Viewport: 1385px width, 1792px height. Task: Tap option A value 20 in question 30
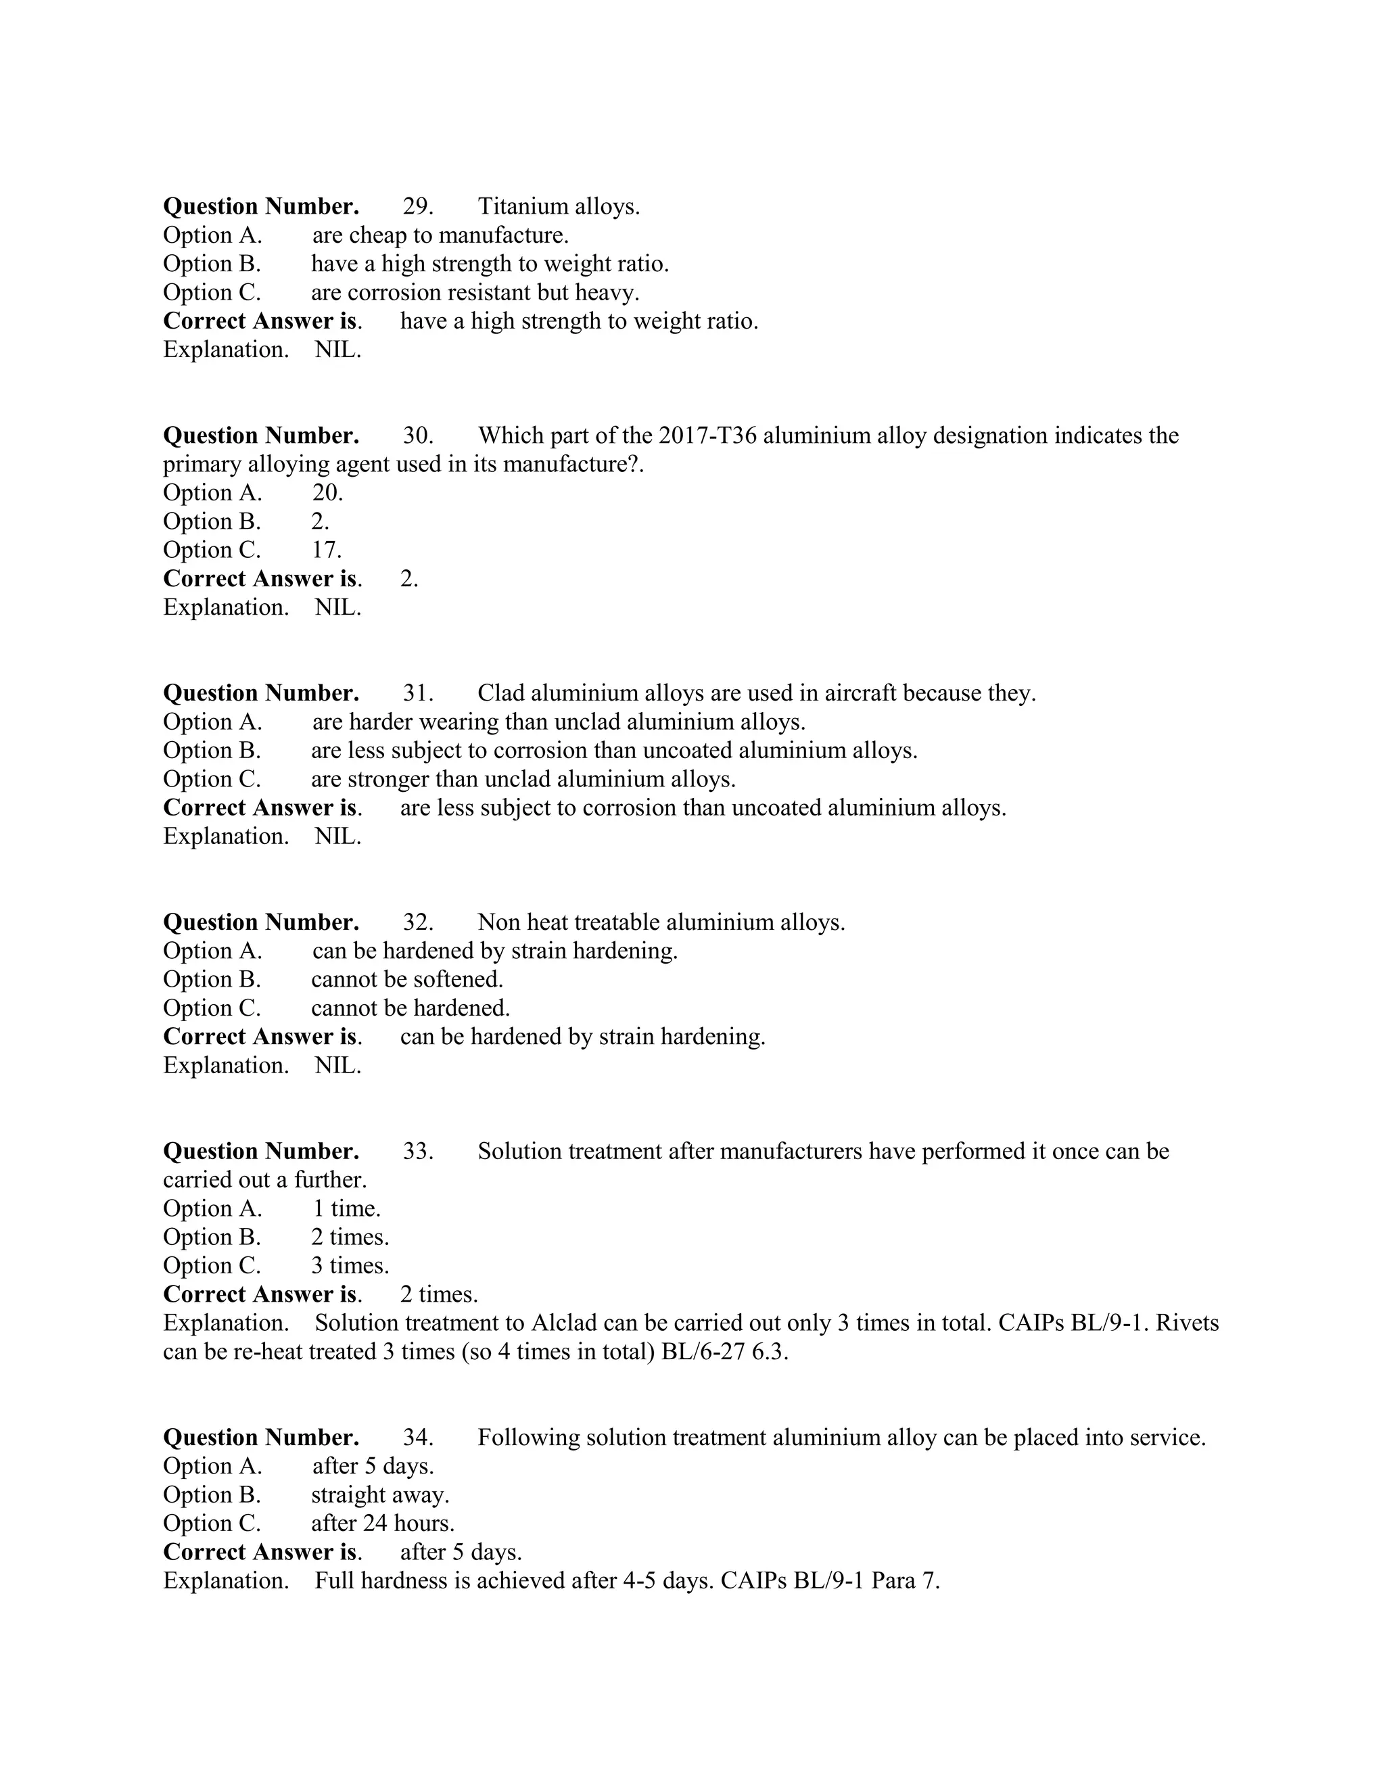pyautogui.click(x=327, y=492)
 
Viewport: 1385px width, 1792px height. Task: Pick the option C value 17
pyautogui.click(x=326, y=550)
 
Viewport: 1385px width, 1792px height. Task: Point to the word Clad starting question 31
pyautogui.click(x=500, y=693)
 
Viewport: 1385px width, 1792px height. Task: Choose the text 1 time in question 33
pyautogui.click(x=346, y=1208)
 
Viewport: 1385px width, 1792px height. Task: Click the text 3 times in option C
pyautogui.click(x=350, y=1266)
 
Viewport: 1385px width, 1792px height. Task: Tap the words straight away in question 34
pyautogui.click(x=380, y=1495)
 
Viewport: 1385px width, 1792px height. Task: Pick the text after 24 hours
pyautogui.click(x=382, y=1524)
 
